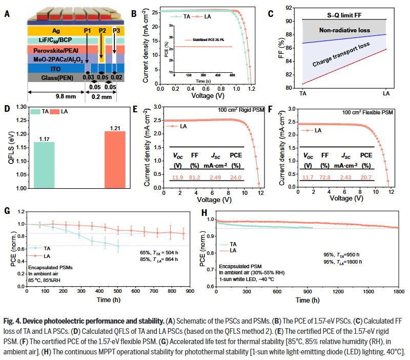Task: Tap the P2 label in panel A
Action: pyautogui.click(x=102, y=31)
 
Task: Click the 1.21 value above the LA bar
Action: pyautogui.click(x=115, y=127)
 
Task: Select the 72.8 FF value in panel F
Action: pyautogui.click(x=324, y=177)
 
